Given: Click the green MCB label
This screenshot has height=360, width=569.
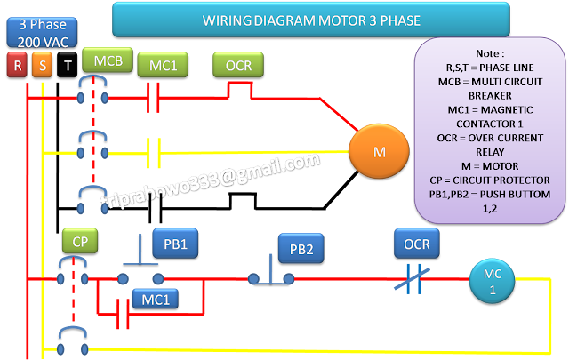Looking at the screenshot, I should click(x=108, y=61).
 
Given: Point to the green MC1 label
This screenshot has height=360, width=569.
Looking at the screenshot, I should click(x=163, y=65).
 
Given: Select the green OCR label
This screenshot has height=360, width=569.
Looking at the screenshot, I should click(x=237, y=65).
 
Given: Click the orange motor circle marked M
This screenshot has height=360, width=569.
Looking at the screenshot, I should click(x=380, y=151).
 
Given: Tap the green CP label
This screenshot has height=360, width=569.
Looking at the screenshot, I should click(x=80, y=240).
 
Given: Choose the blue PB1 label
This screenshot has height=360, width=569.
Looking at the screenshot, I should click(x=175, y=242).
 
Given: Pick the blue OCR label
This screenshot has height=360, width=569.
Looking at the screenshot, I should click(x=417, y=243).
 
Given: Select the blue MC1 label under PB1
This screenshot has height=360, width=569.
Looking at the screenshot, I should click(x=154, y=300).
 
